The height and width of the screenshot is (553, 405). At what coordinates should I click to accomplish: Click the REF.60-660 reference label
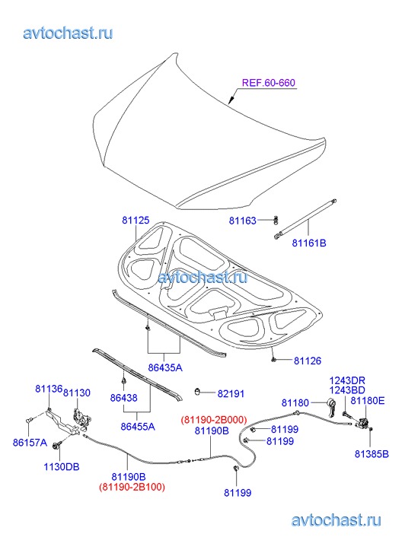coord(269,82)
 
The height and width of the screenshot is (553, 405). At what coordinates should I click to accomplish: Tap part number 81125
coord(136,220)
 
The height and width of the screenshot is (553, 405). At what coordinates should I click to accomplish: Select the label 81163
coord(243,221)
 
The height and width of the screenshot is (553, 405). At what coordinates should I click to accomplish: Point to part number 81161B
coord(309,243)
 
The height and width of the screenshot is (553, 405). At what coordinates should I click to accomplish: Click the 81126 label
coord(308,361)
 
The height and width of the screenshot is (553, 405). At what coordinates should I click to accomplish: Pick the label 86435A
coord(165,367)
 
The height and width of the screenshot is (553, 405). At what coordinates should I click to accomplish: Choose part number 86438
coord(123,398)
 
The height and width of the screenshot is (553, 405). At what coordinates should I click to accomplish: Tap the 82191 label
coord(231,393)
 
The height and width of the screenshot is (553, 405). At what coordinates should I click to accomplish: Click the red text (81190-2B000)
coord(214,420)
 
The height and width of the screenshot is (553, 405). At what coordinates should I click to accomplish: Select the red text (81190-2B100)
coord(132,487)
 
